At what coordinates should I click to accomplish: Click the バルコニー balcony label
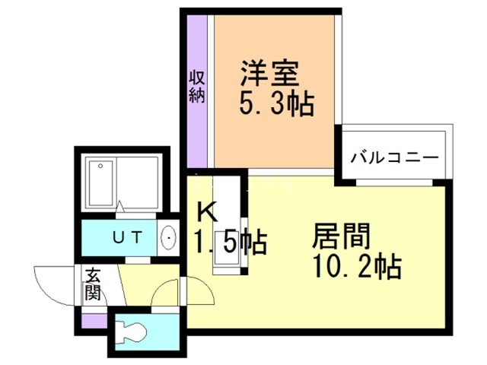394,159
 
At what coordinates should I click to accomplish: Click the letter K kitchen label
207,211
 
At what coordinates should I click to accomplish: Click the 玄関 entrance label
92,284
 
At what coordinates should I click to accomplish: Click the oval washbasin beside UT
168,239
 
